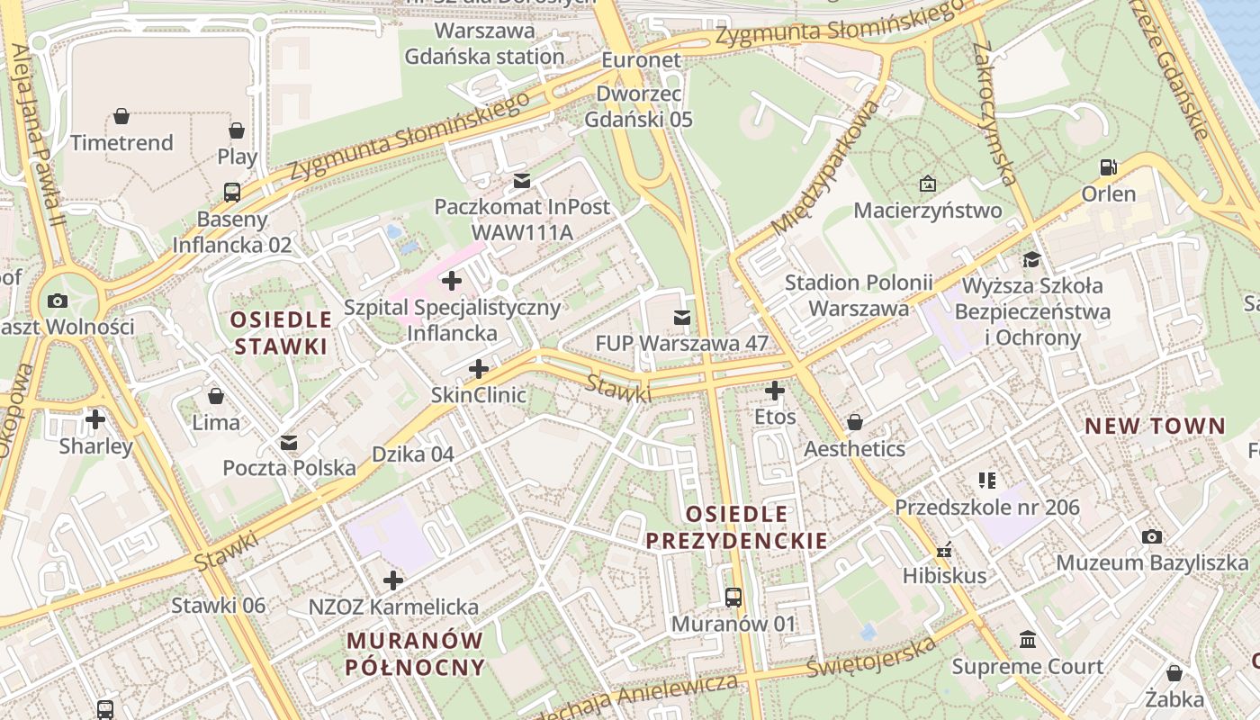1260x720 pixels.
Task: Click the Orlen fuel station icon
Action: pyautogui.click(x=1108, y=166)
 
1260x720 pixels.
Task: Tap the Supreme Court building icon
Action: pyautogui.click(x=1027, y=639)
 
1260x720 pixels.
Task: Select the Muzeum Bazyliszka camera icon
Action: pyautogui.click(x=1151, y=537)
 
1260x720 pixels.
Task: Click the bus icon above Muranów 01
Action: pyautogui.click(x=733, y=597)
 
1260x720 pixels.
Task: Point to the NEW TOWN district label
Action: pyautogui.click(x=1155, y=427)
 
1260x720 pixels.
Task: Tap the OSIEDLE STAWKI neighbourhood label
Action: pyautogui.click(x=281, y=333)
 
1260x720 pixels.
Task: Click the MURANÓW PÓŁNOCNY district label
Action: pyautogui.click(x=415, y=654)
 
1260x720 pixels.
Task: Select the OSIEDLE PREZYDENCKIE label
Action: pyautogui.click(x=736, y=527)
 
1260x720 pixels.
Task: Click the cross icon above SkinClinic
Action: pyautogui.click(x=479, y=369)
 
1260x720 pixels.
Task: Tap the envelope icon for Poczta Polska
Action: pyautogui.click(x=289, y=443)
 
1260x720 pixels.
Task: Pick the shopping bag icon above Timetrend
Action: pyautogui.click(x=121, y=116)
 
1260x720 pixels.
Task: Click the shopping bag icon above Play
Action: pyautogui.click(x=237, y=130)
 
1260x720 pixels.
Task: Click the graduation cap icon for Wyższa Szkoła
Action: pyautogui.click(x=1030, y=260)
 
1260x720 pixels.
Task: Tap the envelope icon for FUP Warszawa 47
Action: pyautogui.click(x=682, y=317)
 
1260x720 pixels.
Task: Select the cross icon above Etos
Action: pyautogui.click(x=774, y=391)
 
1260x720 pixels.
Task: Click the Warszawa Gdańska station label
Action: pyautogui.click(x=484, y=43)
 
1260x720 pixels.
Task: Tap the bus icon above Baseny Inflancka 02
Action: pyautogui.click(x=232, y=192)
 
